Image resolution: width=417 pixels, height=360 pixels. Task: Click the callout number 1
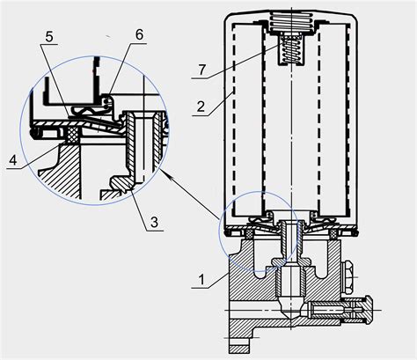[201, 280]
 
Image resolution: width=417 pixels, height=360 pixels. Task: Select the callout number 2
[201, 107]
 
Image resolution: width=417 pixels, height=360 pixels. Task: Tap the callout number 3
[154, 222]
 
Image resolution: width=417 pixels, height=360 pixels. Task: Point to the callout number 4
[13, 160]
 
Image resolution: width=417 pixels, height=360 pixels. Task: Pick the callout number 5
[49, 36]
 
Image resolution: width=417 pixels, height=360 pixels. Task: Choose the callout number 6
[139, 34]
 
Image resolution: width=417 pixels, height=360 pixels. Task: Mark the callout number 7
[201, 70]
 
